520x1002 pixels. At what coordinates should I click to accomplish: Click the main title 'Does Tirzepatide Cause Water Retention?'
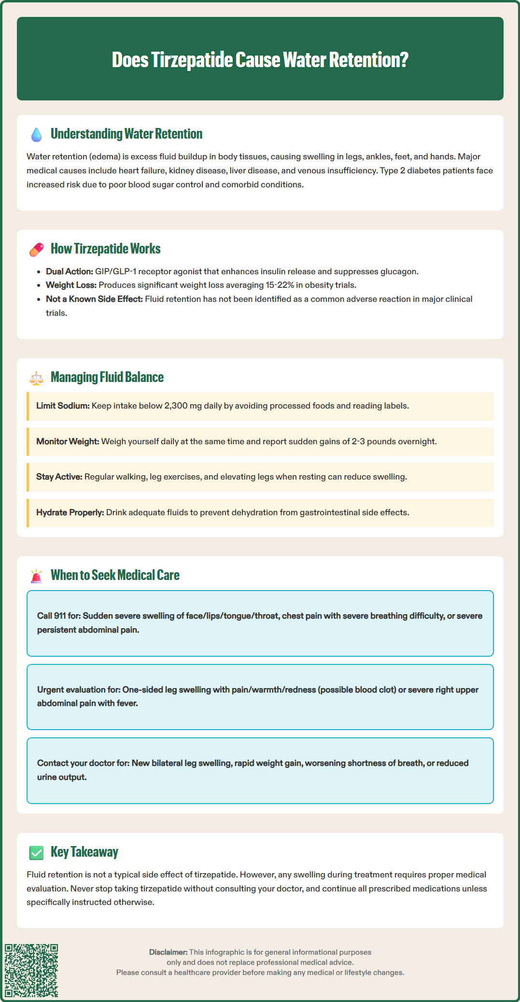[x=260, y=60]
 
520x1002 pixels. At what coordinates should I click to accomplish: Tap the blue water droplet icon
[x=37, y=135]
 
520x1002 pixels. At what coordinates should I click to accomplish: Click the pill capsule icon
[x=37, y=250]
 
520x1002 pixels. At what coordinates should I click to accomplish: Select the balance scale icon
[x=37, y=378]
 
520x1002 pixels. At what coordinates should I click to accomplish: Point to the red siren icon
[x=37, y=576]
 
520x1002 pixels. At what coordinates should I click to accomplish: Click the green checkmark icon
[x=37, y=853]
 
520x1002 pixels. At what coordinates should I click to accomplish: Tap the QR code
[x=31, y=971]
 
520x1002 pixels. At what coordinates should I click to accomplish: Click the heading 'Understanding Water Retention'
[x=126, y=134]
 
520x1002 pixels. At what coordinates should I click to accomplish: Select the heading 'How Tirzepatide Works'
[x=106, y=249]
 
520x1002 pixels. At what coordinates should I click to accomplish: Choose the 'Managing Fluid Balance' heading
[x=107, y=377]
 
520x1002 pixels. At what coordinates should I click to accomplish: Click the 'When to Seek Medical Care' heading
[x=115, y=575]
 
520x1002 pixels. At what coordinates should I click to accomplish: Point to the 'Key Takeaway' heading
[x=84, y=852]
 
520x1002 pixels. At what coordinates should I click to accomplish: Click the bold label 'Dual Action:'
[x=70, y=271]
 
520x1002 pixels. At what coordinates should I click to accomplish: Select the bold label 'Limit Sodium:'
[x=63, y=406]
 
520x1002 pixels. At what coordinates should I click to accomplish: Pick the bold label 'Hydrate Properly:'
[x=70, y=512]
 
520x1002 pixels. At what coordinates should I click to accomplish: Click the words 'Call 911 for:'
[x=59, y=616]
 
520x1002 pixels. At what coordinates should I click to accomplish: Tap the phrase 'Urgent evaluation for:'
[x=79, y=690]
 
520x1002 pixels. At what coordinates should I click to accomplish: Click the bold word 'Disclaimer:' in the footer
[x=168, y=952]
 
